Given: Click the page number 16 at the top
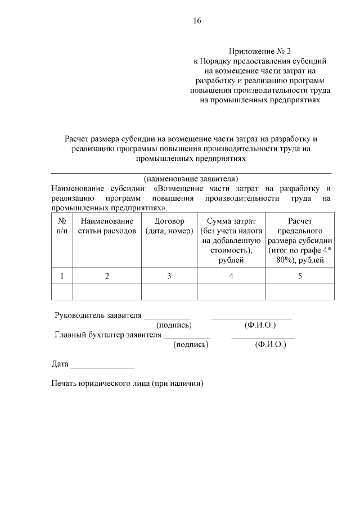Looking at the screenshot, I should tap(197, 21).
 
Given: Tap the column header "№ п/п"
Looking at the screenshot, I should tap(62, 226).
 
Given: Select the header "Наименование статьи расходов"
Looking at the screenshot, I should tap(107, 226).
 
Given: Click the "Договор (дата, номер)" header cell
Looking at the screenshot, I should tap(169, 226).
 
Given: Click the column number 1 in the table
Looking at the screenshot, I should tap(62, 276).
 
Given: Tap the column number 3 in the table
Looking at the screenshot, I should tap(169, 276).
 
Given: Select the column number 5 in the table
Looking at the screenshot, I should tap(300, 276).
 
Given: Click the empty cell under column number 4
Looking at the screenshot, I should tap(231, 292).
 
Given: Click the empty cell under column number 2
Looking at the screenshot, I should tap(107, 292).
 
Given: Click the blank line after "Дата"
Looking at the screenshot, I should tap(102, 366).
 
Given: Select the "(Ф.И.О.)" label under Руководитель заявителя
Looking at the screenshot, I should tap(260, 325).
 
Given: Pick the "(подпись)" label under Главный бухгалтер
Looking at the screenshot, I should tap(191, 345).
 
